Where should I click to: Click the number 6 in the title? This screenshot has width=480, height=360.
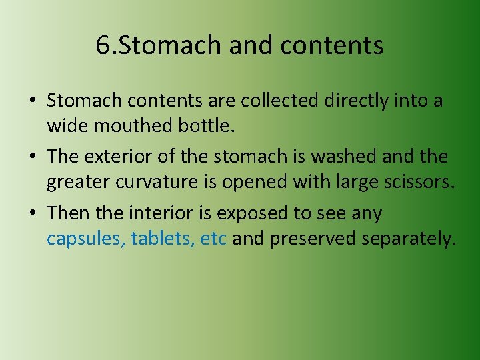102,45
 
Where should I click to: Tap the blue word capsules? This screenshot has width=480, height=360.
85,238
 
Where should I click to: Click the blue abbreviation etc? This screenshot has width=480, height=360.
214,238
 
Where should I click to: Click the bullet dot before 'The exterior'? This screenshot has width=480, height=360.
32,157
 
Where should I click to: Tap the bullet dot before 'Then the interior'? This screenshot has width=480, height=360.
32,214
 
